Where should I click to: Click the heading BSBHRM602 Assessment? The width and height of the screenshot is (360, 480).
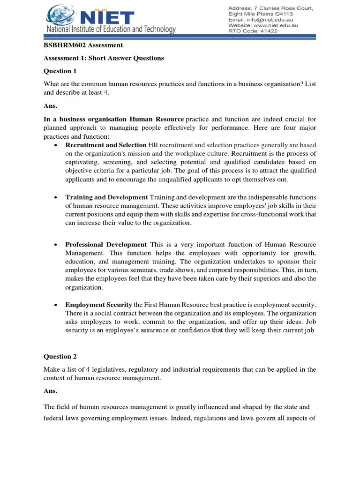point(83,45)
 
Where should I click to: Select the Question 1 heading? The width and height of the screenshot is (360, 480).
point(60,71)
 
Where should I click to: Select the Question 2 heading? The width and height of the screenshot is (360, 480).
point(60,356)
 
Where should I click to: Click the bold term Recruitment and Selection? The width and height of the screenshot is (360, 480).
point(106,145)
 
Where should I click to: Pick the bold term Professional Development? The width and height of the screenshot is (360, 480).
point(106,245)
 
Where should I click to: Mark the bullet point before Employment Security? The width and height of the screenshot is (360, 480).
point(56,305)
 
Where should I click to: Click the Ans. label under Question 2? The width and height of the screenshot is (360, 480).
point(50,390)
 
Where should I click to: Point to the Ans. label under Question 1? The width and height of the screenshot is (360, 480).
point(50,106)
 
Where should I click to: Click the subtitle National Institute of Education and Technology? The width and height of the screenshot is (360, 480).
point(111,30)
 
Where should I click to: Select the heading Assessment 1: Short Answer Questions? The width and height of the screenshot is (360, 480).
point(104,58)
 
